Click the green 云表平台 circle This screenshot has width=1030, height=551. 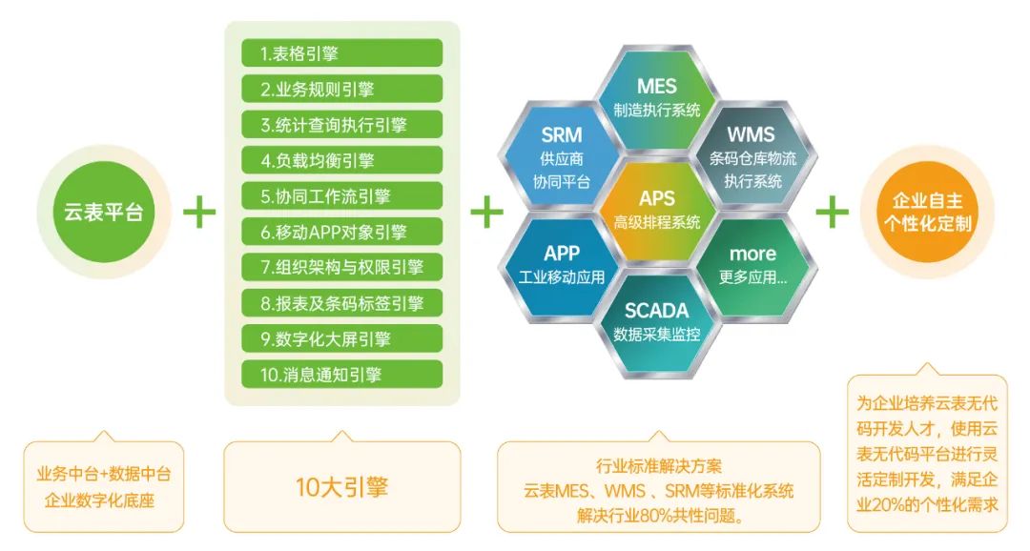click(104, 212)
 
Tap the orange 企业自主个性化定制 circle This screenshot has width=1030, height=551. click(927, 212)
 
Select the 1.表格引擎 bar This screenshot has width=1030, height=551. click(341, 53)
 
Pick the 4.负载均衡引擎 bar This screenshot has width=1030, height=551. click(341, 160)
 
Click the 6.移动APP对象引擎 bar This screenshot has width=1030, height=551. click(341, 232)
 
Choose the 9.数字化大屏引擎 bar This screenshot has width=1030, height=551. click(341, 338)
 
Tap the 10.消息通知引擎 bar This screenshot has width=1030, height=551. click(341, 375)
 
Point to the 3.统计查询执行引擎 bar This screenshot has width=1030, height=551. click(341, 125)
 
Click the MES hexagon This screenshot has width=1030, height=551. click(657, 97)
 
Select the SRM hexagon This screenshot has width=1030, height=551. click(562, 156)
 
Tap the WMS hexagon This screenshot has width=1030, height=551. click(752, 156)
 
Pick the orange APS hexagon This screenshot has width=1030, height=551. click(657, 210)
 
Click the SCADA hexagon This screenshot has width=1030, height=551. click(657, 322)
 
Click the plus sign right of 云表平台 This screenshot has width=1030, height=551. click(199, 212)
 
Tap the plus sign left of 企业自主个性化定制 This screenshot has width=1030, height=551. click(833, 212)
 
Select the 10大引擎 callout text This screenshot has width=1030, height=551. click(341, 486)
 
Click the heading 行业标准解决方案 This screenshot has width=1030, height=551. click(659, 466)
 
